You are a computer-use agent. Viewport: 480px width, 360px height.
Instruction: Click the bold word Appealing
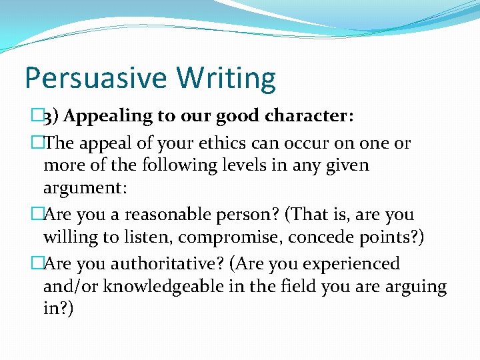pyautogui.click(x=109, y=117)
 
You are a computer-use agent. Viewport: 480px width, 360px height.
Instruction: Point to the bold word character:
pyautogui.click(x=309, y=116)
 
